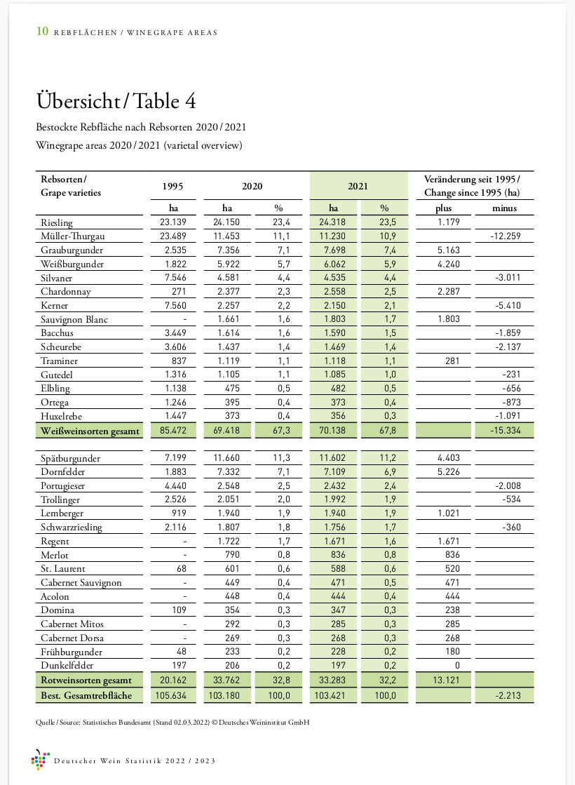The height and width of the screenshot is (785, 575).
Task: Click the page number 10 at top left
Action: click(x=42, y=32)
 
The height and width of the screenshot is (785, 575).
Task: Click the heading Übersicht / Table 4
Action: click(x=116, y=101)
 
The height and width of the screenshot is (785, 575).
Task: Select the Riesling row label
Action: click(x=57, y=223)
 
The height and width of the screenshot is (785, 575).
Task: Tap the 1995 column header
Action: click(x=173, y=186)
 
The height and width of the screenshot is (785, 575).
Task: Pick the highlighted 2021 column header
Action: click(x=358, y=186)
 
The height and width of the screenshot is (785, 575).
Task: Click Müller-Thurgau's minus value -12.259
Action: click(x=504, y=236)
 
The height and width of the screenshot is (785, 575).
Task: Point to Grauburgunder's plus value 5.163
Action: click(x=444, y=250)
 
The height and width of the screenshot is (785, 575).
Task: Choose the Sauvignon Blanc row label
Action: click(x=74, y=320)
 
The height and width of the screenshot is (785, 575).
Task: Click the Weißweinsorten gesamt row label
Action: click(x=90, y=431)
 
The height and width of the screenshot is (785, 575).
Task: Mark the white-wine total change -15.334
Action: click(x=504, y=431)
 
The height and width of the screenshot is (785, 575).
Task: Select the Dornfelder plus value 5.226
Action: click(x=444, y=472)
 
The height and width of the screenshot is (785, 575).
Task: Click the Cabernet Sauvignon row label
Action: click(x=81, y=583)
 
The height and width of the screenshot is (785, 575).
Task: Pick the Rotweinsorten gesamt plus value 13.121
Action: click(x=444, y=680)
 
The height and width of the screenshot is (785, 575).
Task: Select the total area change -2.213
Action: click(x=504, y=694)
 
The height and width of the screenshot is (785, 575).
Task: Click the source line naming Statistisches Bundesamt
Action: click(x=172, y=722)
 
